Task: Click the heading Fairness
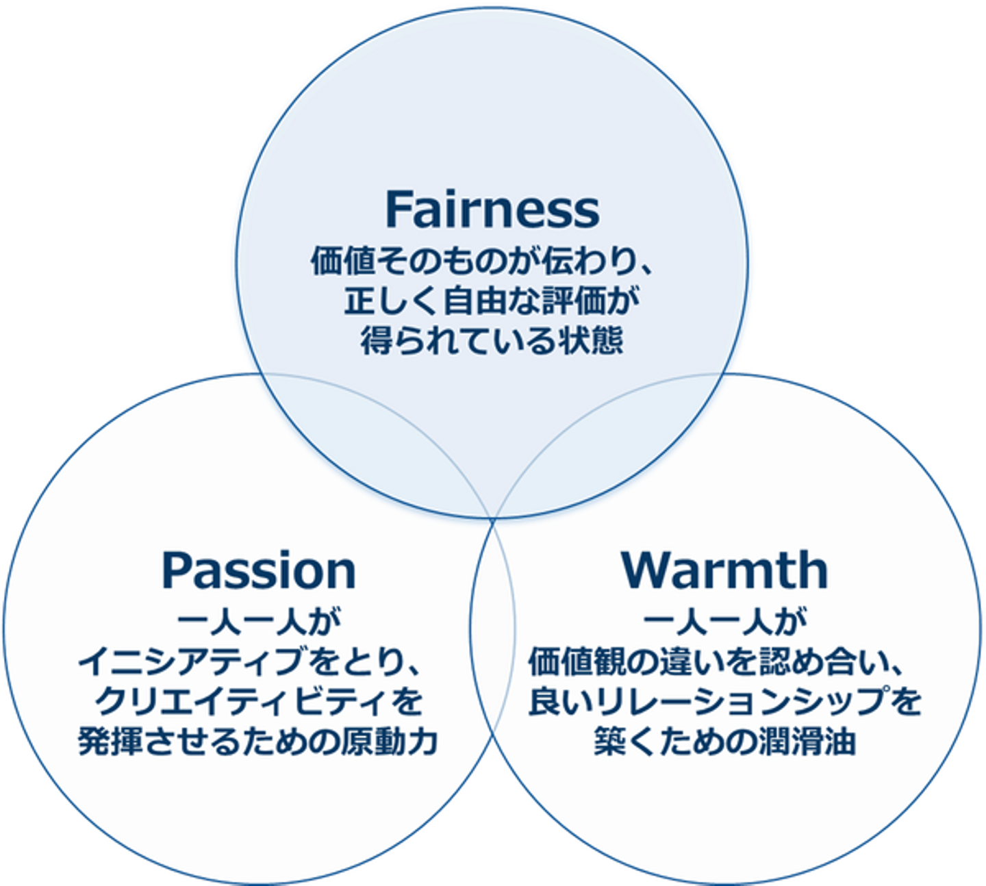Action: point(492,209)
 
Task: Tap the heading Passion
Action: point(258,570)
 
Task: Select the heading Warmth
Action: point(724,570)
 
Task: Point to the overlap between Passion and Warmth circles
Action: point(492,627)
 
